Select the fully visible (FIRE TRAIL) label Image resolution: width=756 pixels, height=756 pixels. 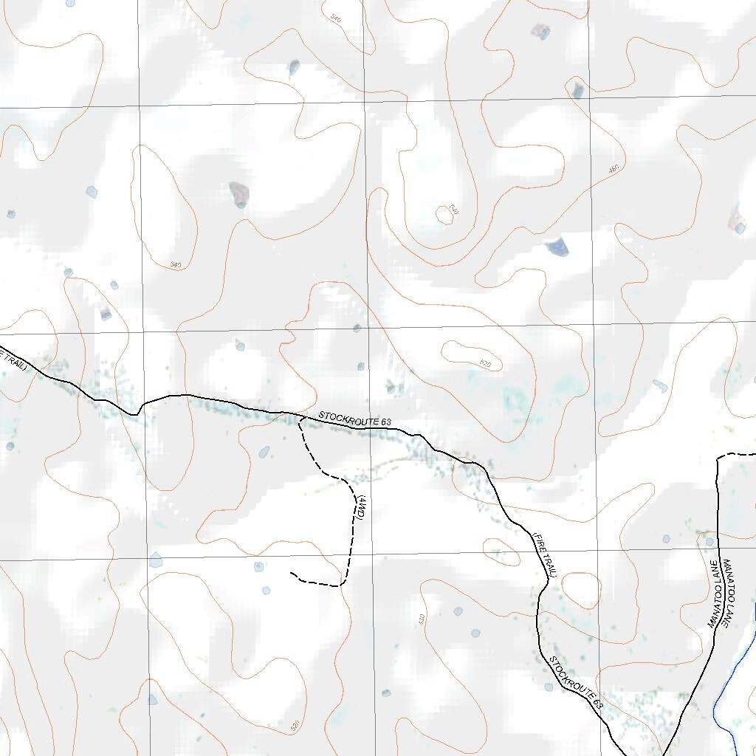544,553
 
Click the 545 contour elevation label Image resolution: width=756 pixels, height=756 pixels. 175,264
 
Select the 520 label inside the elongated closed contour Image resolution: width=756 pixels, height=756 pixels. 485,363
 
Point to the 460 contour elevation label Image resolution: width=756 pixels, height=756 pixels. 614,170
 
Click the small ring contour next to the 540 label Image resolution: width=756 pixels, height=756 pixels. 444,215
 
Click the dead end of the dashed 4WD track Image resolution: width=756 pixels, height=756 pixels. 291,573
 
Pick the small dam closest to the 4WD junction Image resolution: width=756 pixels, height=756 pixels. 264,452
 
